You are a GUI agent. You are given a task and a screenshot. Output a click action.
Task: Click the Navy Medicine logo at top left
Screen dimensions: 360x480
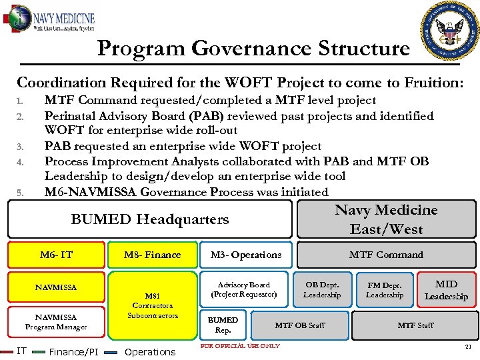pos(50,19)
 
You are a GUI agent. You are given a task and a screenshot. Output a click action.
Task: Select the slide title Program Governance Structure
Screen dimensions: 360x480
pos(253,49)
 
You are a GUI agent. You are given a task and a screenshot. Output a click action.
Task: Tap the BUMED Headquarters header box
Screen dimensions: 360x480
pos(150,219)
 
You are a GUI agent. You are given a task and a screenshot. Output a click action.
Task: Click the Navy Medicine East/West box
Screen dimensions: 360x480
pos(386,219)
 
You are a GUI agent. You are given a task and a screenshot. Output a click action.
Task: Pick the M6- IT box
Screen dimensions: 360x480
pos(57,255)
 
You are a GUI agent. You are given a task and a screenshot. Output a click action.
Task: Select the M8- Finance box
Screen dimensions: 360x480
pos(153,255)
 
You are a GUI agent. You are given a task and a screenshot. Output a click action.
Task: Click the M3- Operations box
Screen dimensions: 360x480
pos(246,255)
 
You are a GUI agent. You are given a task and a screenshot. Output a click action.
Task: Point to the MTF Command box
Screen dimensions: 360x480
pos(386,255)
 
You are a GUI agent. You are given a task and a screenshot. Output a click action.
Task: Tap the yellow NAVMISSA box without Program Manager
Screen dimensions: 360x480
pos(57,287)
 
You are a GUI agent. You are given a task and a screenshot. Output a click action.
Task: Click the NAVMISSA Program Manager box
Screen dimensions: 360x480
pos(57,322)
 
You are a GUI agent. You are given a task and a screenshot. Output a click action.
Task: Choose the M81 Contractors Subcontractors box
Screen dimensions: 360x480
pos(153,305)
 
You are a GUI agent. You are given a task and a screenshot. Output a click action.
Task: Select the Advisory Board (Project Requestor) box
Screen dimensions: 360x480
pos(244,289)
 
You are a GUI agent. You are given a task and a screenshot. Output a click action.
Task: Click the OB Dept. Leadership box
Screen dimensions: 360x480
pos(322,289)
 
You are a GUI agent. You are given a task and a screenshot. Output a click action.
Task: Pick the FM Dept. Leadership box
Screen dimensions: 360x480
pos(385,289)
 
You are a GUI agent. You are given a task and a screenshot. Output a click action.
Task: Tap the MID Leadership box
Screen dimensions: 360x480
pos(446,290)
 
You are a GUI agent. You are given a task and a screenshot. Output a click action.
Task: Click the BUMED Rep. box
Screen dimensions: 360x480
pos(223,325)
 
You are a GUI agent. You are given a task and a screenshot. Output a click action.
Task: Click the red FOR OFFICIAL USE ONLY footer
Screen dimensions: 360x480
pos(240,346)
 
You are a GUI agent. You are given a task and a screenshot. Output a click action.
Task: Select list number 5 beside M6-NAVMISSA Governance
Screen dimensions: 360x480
pos(21,193)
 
